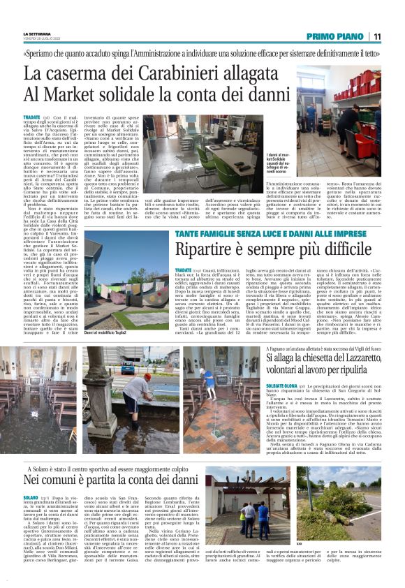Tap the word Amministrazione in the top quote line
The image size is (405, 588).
[x=182, y=52]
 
